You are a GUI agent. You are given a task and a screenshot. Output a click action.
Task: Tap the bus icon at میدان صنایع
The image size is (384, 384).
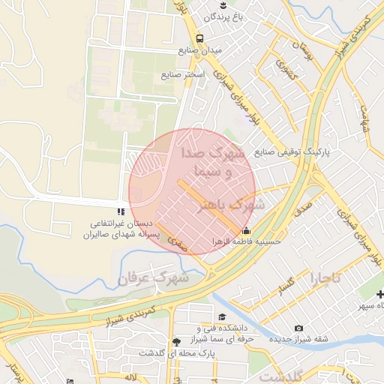(x=199, y=39)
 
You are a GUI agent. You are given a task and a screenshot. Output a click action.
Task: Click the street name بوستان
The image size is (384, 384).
(x=301, y=52)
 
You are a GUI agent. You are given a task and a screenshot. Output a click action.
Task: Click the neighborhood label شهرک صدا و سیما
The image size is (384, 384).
(x=214, y=162)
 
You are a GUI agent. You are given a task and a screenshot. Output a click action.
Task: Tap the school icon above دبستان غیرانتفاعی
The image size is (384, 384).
(x=121, y=213)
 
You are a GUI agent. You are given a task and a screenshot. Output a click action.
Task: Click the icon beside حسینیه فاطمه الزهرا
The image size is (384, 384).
(x=247, y=231)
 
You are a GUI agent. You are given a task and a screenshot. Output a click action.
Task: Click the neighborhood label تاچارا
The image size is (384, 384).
(x=325, y=278)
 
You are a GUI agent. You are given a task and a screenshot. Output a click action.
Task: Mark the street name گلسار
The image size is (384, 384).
(x=286, y=285)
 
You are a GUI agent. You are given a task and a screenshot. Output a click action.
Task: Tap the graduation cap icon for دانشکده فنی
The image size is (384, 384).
(x=222, y=317)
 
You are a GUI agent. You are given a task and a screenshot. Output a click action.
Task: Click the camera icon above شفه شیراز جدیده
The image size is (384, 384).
(x=299, y=328)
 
